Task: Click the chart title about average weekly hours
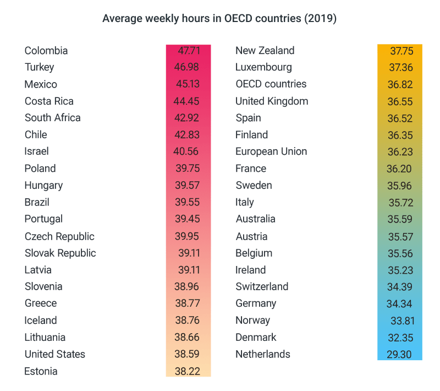219,18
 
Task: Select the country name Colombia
46,51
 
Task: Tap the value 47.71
189,51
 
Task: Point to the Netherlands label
262,354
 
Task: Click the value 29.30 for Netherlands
399,354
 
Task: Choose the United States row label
55,354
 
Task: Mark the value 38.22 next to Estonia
188,371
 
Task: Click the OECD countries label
271,84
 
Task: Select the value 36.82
400,84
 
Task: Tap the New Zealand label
265,51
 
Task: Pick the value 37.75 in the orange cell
402,51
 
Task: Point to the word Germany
256,303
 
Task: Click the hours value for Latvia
189,270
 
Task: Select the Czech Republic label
59,236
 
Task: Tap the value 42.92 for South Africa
188,118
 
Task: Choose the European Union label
271,151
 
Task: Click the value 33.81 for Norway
403,321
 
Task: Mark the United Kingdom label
272,101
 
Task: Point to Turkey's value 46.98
188,67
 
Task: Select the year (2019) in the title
321,18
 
